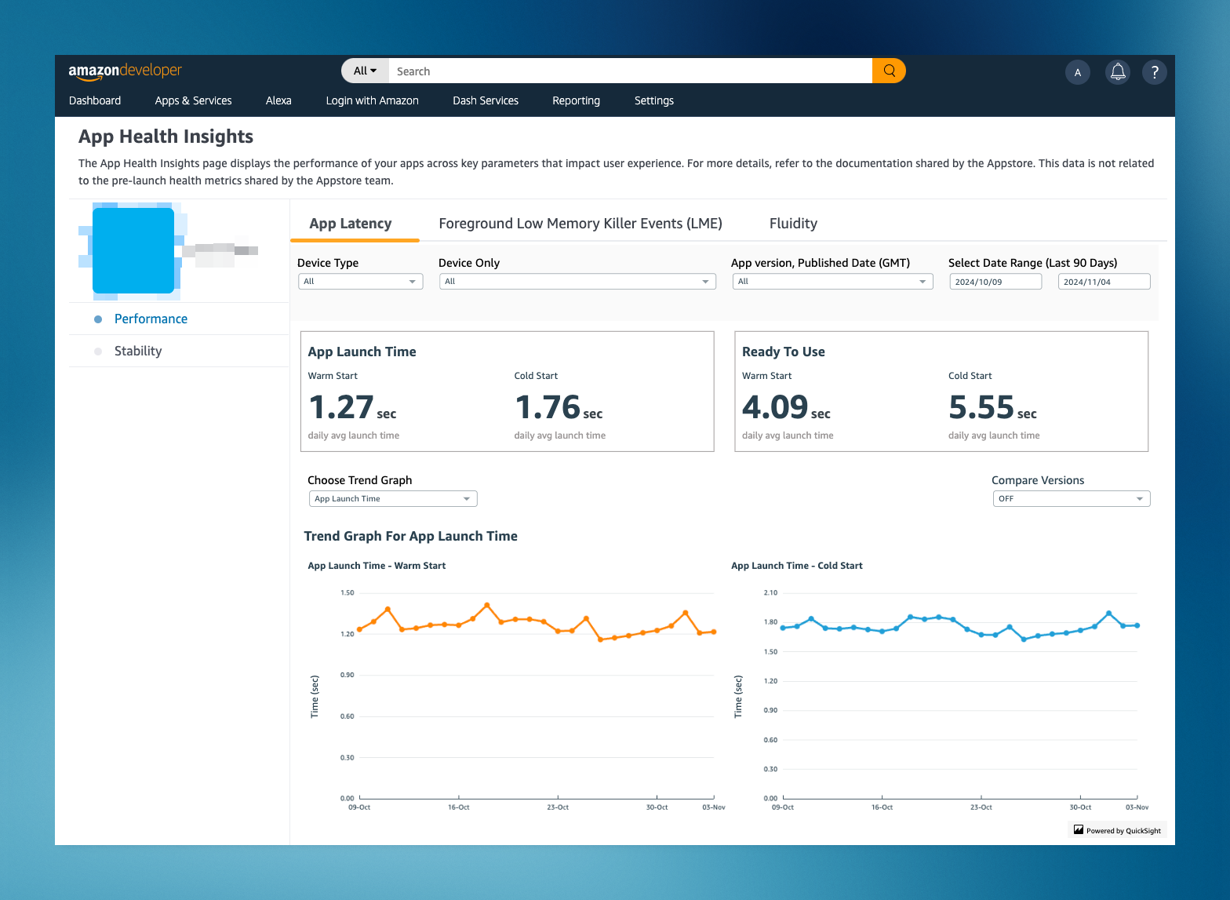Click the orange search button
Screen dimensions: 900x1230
889,71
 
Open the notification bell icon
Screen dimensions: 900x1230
1118,72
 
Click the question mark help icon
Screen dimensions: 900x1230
1154,72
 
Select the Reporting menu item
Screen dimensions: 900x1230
576,100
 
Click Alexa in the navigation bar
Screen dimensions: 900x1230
278,100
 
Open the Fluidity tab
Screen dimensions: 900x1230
793,224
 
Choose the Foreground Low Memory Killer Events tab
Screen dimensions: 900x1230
580,224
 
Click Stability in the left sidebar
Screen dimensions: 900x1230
138,351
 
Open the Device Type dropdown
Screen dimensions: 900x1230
360,282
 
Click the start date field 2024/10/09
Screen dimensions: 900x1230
995,282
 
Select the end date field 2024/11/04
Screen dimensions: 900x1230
1103,282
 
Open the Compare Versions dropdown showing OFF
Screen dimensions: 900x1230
1071,499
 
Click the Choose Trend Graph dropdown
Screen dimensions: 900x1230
392,499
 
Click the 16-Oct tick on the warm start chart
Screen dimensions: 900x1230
458,807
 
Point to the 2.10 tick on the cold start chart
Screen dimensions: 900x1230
770,592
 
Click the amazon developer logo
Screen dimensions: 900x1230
125,71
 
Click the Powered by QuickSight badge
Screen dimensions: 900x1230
1117,830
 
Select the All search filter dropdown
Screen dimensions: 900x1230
365,71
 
